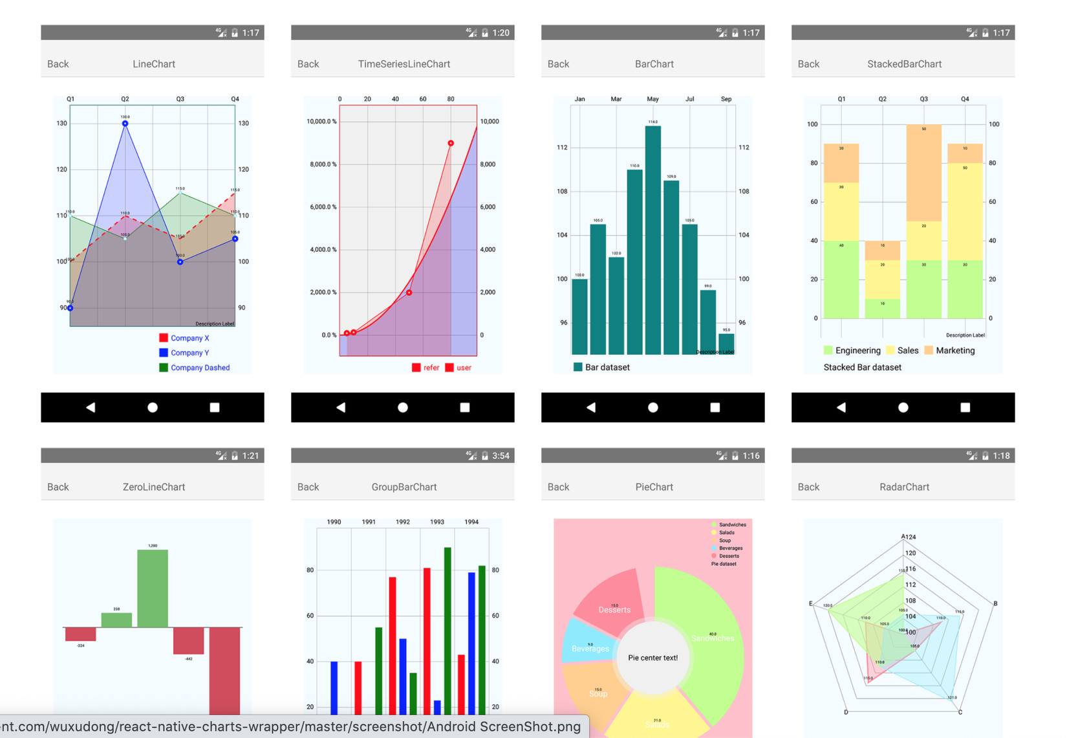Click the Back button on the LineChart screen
(x=58, y=64)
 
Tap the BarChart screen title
(x=654, y=64)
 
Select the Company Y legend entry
(x=189, y=353)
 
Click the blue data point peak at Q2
(x=125, y=123)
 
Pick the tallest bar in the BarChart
(x=653, y=240)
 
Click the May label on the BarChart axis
(x=652, y=99)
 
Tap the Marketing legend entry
(x=954, y=350)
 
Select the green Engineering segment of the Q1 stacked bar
(x=841, y=280)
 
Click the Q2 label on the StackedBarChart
(x=882, y=99)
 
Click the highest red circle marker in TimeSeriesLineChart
(x=451, y=143)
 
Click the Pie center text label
(x=653, y=658)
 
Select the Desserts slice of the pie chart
(x=611, y=599)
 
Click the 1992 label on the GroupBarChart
(x=403, y=522)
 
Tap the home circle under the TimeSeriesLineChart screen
(x=403, y=407)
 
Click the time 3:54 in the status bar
(x=501, y=456)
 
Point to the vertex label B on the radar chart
(x=995, y=603)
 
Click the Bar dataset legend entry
(x=607, y=367)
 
